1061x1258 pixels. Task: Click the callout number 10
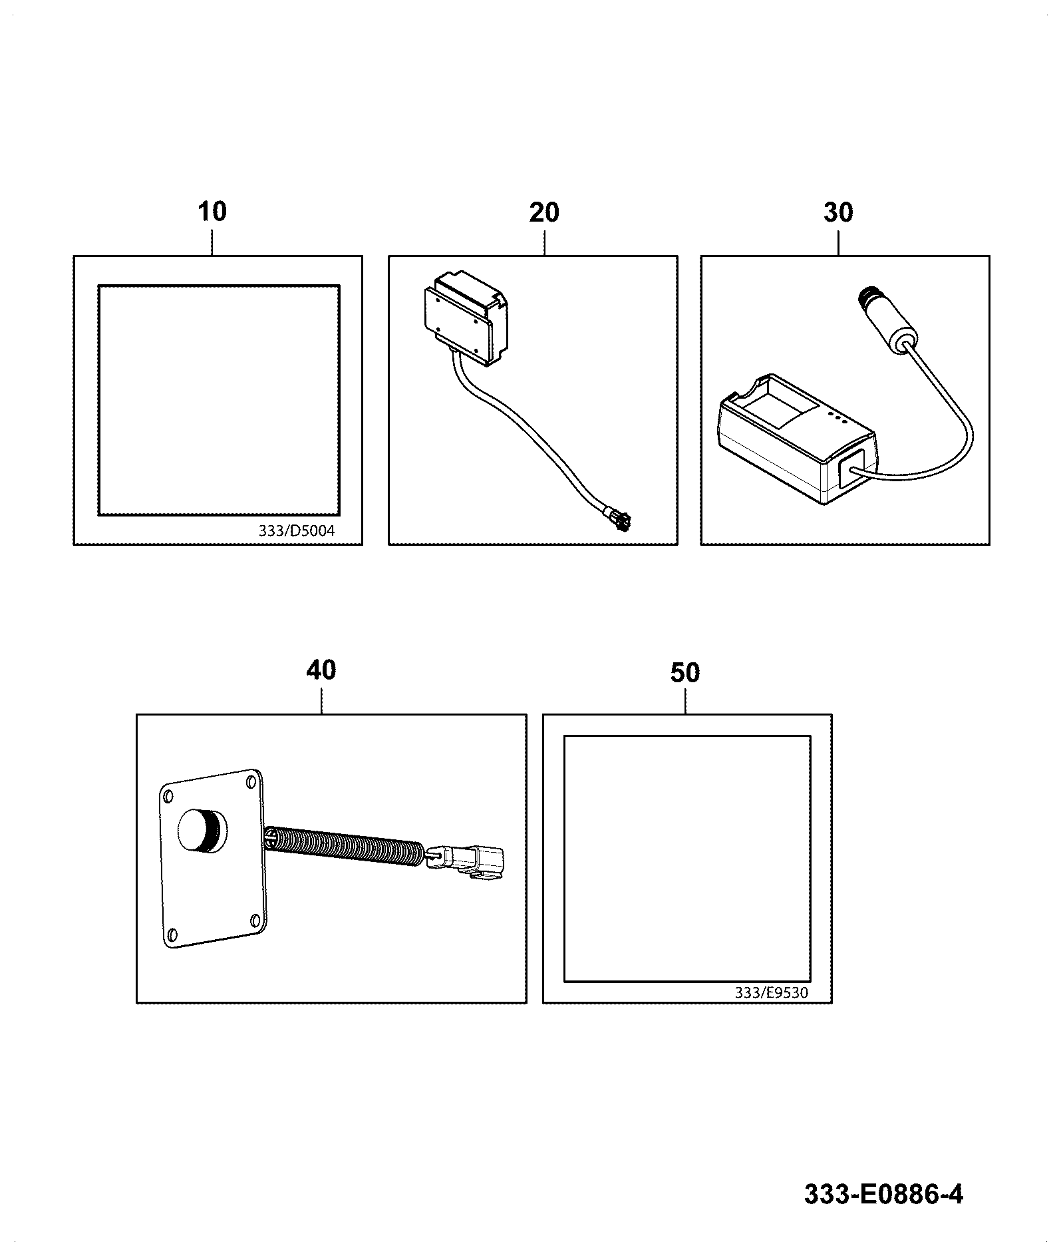point(212,212)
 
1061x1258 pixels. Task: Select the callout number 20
point(544,212)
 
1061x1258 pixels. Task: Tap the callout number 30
point(838,212)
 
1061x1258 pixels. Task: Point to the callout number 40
point(321,670)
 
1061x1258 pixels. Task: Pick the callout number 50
point(685,673)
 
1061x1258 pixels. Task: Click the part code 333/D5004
point(297,531)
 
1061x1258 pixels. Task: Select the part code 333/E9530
point(771,1011)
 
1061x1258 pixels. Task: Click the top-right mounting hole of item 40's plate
point(251,781)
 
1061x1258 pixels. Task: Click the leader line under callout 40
point(321,700)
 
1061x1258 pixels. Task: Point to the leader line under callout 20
point(544,242)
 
